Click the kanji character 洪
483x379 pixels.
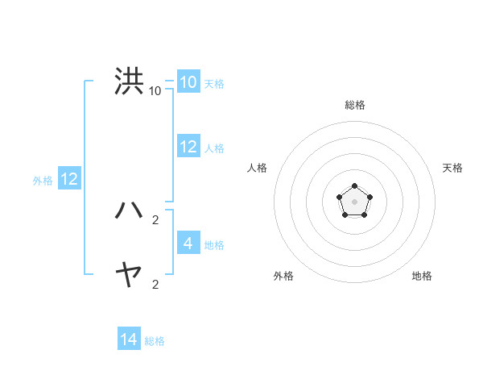coord(129,81)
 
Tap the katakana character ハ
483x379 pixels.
coord(129,210)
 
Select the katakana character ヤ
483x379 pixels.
coord(129,276)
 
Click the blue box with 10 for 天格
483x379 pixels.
coord(188,82)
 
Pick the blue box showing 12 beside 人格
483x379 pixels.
coord(188,147)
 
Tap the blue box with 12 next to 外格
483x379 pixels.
coord(69,179)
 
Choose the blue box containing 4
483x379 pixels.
coord(188,244)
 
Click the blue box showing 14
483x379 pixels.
coord(129,339)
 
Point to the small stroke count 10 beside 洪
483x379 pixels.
coord(155,90)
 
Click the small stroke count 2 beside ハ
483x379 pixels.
coord(155,219)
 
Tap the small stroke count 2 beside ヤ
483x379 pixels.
coord(155,284)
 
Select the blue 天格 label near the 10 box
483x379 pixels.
coord(214,84)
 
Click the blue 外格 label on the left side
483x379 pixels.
coord(43,181)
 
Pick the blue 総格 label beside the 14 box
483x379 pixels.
coord(155,341)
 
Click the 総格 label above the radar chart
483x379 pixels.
coord(354,105)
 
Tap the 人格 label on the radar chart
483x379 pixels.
coord(258,168)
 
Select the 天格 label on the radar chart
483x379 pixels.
coord(452,168)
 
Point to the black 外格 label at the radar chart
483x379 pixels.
coord(283,276)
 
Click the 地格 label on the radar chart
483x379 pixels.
coord(422,276)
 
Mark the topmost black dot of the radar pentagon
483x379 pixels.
coord(354,187)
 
